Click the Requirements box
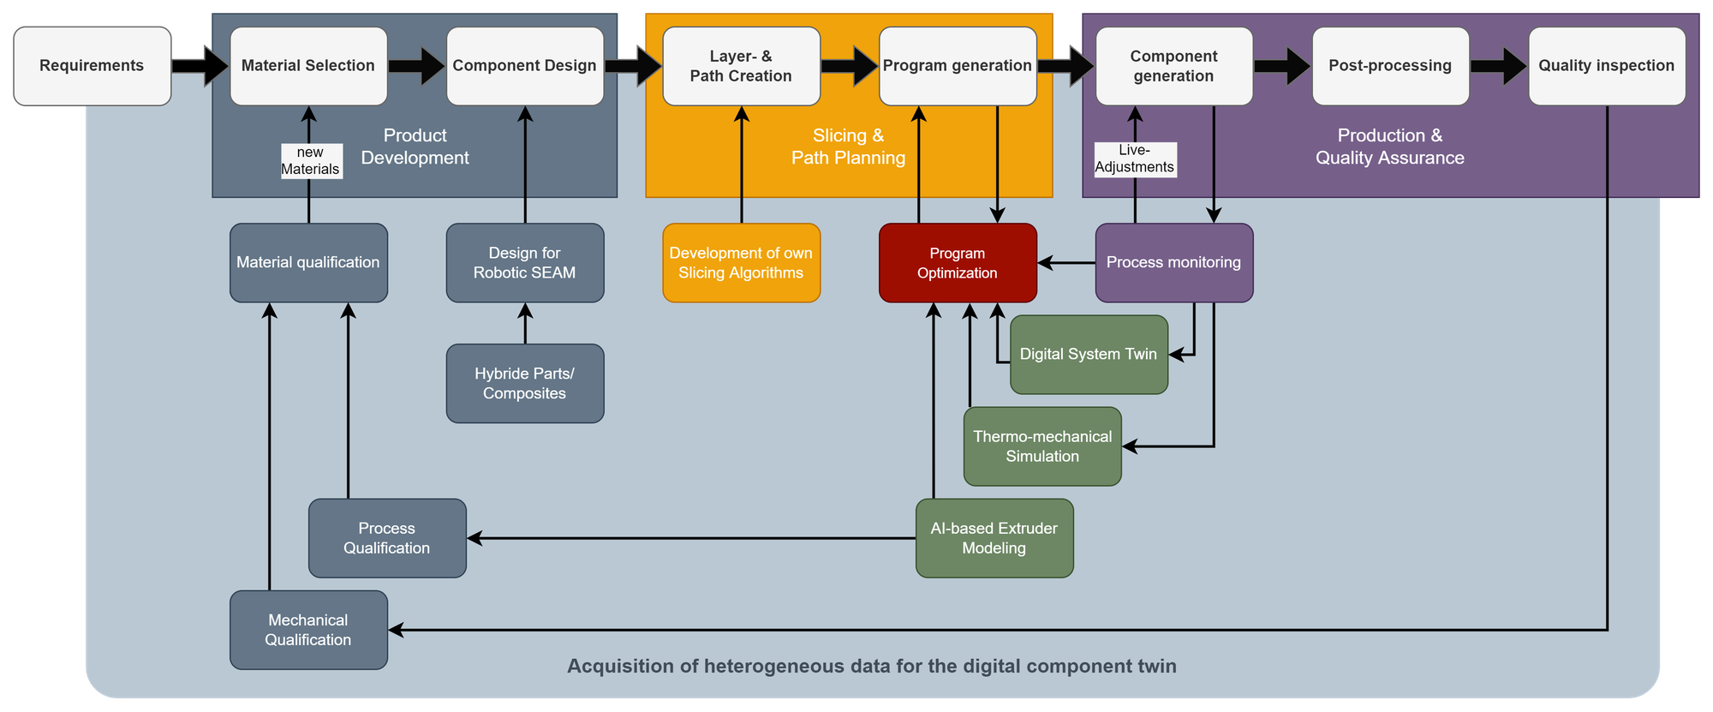pyautogui.click(x=92, y=66)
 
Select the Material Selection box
pyautogui.click(x=308, y=66)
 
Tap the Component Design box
pyautogui.click(x=524, y=66)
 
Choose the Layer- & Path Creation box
pyautogui.click(x=741, y=66)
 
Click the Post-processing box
pyautogui.click(x=1390, y=66)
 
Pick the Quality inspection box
pyautogui.click(x=1607, y=66)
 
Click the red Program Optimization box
pyautogui.click(x=958, y=263)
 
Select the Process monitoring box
pyautogui.click(x=1173, y=263)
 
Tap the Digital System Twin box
pyautogui.click(x=1089, y=355)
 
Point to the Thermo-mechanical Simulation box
pyautogui.click(x=1042, y=446)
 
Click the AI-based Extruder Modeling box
pyautogui.click(x=994, y=538)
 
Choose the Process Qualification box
pyautogui.click(x=387, y=538)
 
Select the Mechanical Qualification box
pyautogui.click(x=308, y=630)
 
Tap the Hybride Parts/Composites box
pyautogui.click(x=524, y=384)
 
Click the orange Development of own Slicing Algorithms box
pyautogui.click(x=741, y=263)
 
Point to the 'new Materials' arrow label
pyautogui.click(x=310, y=161)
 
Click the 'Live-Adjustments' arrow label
pyautogui.click(x=1135, y=159)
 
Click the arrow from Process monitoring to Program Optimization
pyautogui.click(x=1066, y=263)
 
